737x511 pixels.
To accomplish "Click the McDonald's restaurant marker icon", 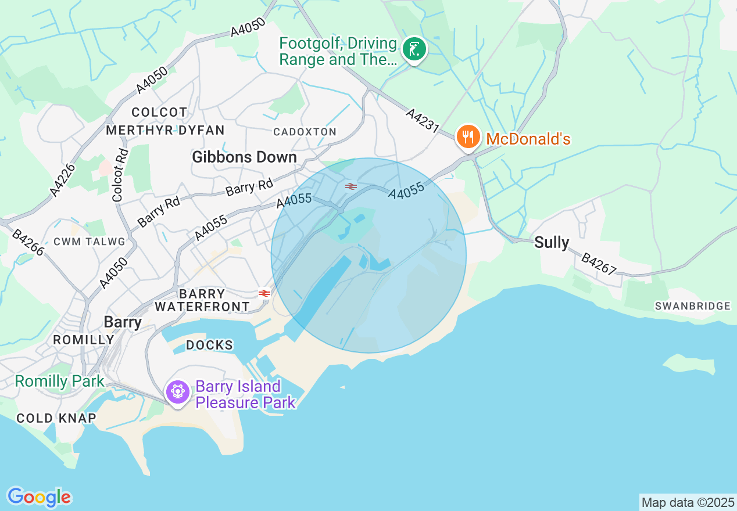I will (x=467, y=138).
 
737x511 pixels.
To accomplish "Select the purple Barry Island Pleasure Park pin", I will (x=177, y=393).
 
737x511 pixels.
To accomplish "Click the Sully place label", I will (x=552, y=242).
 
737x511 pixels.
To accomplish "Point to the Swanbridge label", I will (x=692, y=306).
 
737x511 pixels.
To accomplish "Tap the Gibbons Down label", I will (x=244, y=157).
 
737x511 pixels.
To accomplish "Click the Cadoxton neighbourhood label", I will (x=305, y=132).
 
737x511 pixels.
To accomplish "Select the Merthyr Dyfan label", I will (x=165, y=130).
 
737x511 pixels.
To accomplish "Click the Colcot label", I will (x=159, y=111).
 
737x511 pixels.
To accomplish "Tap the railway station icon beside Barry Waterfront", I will (x=264, y=293).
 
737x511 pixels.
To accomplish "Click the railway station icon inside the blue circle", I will (x=350, y=186).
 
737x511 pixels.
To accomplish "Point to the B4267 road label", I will (x=599, y=264).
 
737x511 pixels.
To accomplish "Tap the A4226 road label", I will (x=63, y=179).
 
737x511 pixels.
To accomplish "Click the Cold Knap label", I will (x=56, y=418).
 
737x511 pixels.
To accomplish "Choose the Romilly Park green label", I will (x=59, y=382).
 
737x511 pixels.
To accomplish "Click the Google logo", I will (x=39, y=497).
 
